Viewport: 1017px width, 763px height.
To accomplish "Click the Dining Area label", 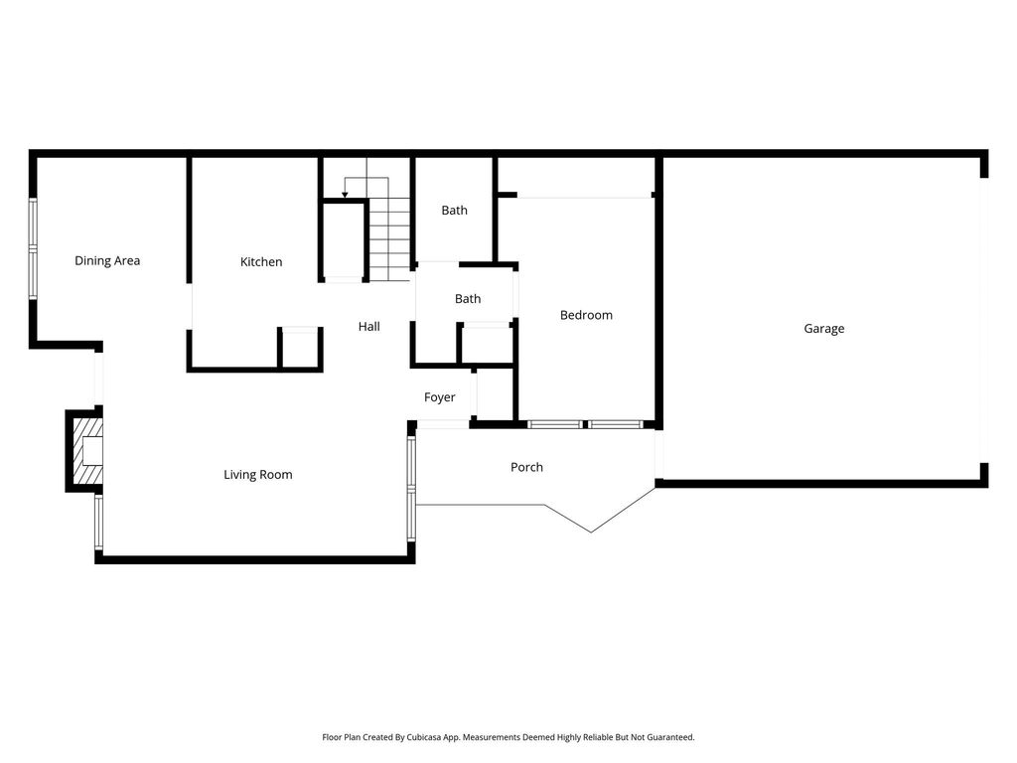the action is pyautogui.click(x=107, y=261).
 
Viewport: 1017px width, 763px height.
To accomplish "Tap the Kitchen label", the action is pyautogui.click(x=261, y=262).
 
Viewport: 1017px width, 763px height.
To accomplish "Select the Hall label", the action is pyautogui.click(x=369, y=326).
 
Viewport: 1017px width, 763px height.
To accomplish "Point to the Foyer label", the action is pyautogui.click(x=439, y=397).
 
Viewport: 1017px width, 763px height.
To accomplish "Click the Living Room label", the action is pyautogui.click(x=257, y=475).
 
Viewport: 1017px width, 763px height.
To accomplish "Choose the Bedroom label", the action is pyautogui.click(x=586, y=315).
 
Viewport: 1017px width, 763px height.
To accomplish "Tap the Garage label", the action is pyautogui.click(x=823, y=328).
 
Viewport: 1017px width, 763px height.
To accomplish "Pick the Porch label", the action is pyautogui.click(x=526, y=467).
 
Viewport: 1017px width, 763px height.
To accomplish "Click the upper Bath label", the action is pyautogui.click(x=454, y=211).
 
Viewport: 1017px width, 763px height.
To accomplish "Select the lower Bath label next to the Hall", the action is pyautogui.click(x=468, y=299).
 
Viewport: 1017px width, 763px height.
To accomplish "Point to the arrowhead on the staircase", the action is pyautogui.click(x=345, y=194).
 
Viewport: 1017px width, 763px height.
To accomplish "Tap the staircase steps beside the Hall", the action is pyautogui.click(x=389, y=239).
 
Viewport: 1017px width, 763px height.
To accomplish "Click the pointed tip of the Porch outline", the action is pyautogui.click(x=590, y=533).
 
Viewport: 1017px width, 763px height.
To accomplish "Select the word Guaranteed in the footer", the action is pyautogui.click(x=671, y=737).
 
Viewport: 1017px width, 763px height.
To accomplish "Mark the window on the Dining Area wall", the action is pyautogui.click(x=33, y=248).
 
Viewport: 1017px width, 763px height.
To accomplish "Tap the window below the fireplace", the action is pyautogui.click(x=98, y=523).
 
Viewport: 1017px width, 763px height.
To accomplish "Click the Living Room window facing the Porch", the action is pyautogui.click(x=411, y=489).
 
